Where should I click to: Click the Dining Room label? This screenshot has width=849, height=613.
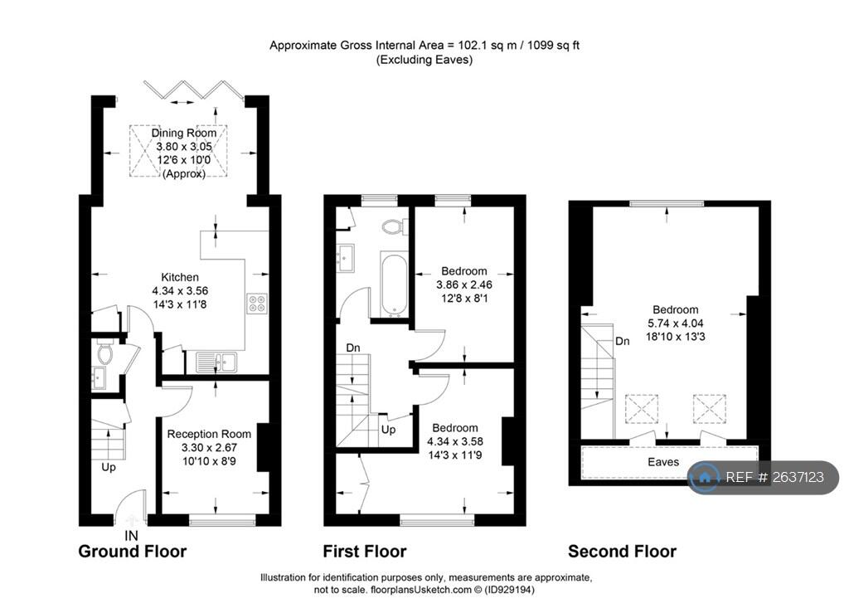[x=183, y=133]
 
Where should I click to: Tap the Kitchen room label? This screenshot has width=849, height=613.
[x=180, y=277]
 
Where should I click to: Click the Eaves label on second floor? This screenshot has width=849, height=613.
[x=662, y=462]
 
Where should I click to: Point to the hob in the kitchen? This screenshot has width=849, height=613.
[x=256, y=304]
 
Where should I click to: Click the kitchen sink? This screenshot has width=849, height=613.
[x=217, y=361]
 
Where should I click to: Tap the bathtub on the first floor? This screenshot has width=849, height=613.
[x=393, y=285]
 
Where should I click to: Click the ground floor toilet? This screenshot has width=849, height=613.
[x=104, y=353]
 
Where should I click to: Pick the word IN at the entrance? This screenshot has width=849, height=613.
[x=131, y=535]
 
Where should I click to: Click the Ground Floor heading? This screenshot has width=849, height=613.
[x=133, y=552]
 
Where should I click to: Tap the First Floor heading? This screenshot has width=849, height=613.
[x=365, y=552]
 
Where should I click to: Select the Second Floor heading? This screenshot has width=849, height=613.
[x=622, y=552]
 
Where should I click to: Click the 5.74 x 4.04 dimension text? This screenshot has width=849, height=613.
[x=675, y=324]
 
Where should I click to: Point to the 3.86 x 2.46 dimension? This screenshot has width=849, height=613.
[x=464, y=285]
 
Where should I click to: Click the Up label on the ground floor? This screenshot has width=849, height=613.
[x=109, y=467]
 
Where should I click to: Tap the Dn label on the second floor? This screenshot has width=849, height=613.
[x=622, y=341]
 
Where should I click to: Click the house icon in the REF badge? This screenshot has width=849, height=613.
[x=706, y=477]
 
